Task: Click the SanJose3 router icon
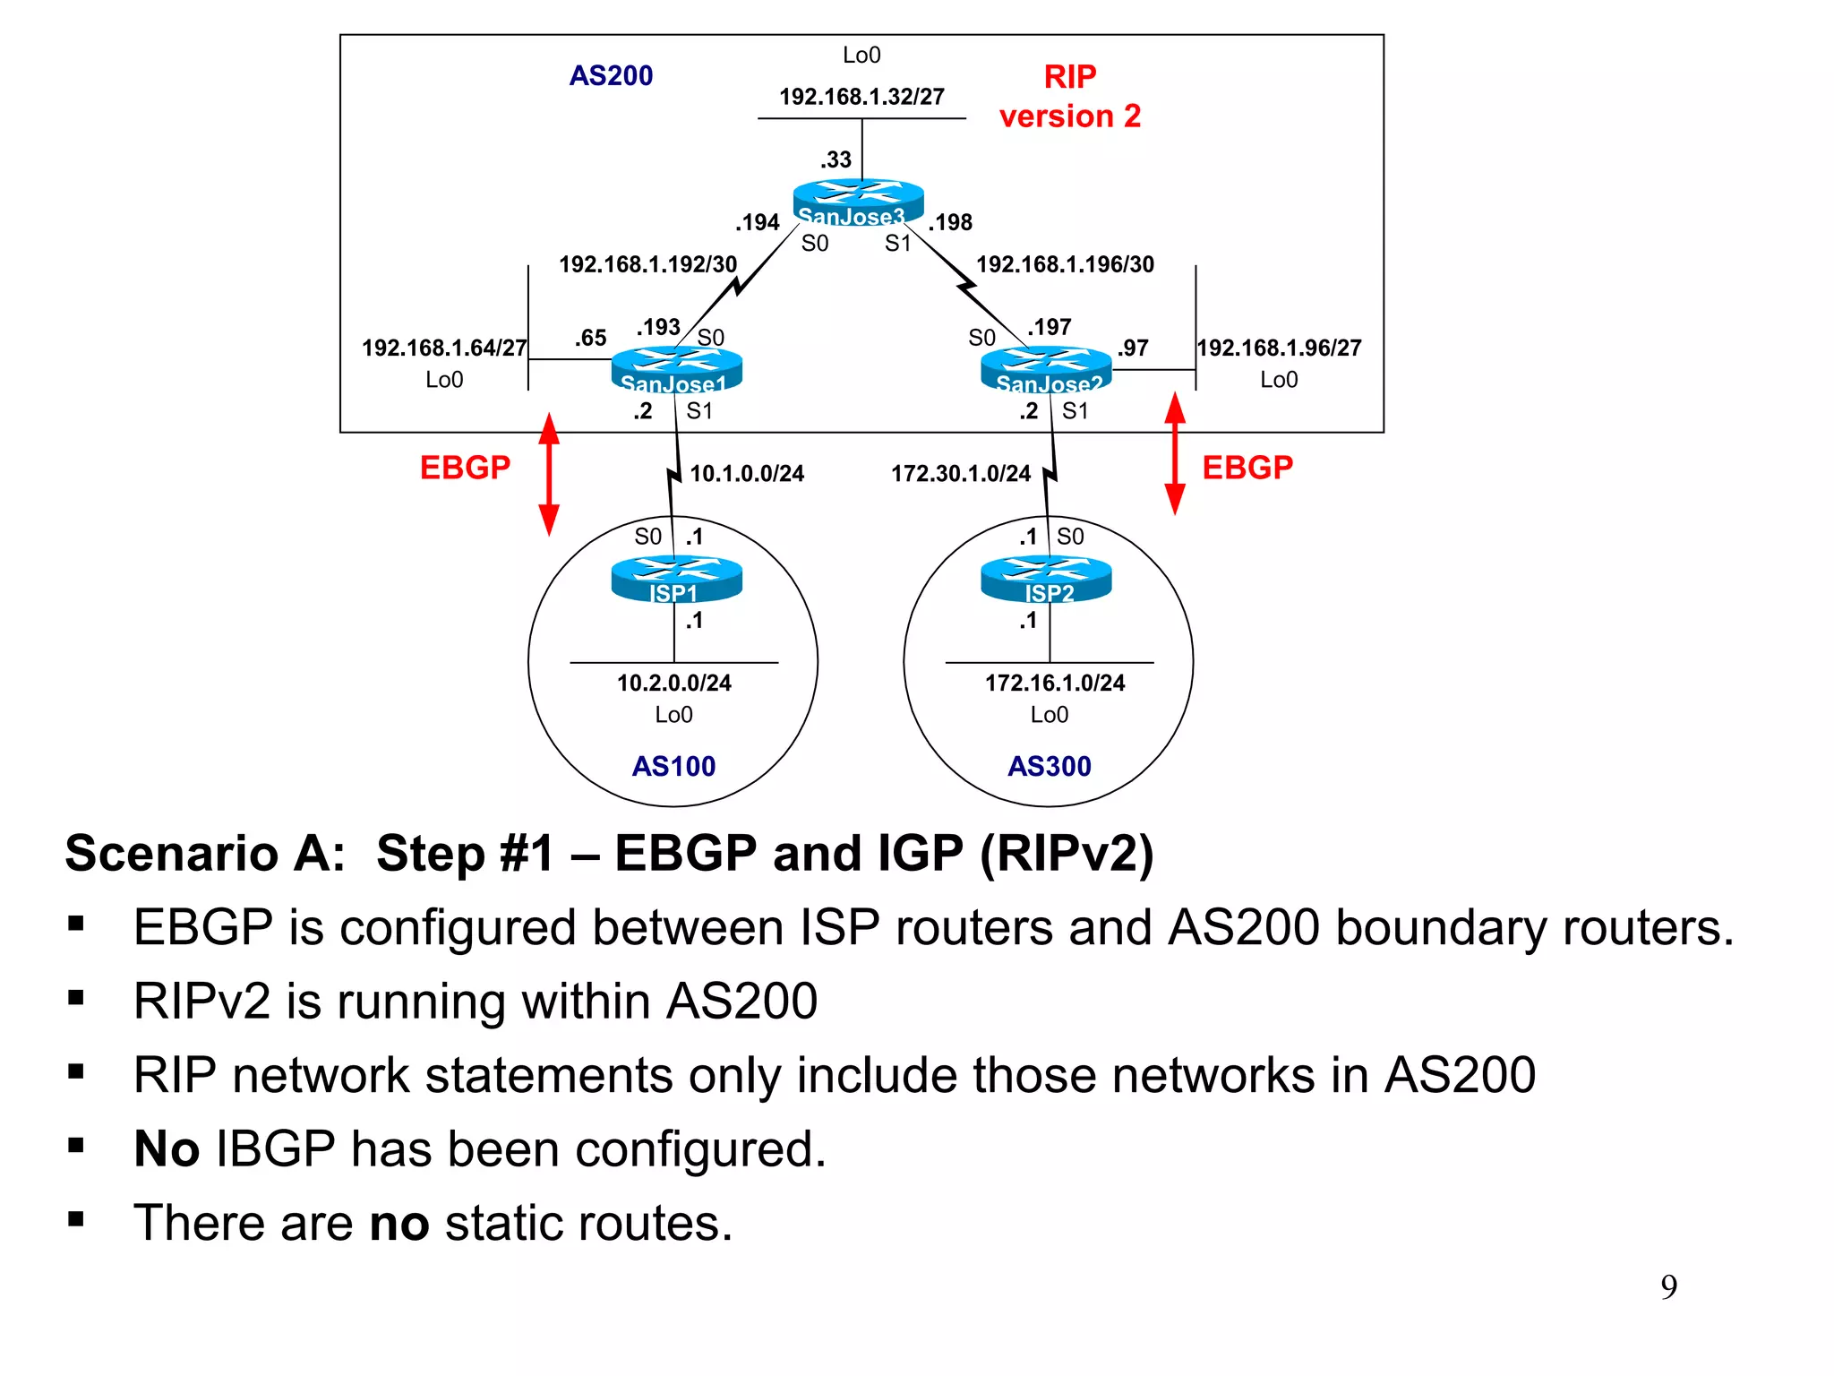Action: point(858,202)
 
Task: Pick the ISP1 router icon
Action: point(676,579)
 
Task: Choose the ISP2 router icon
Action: point(1046,579)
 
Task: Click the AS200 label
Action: point(611,75)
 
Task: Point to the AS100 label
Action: point(673,766)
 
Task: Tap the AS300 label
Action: point(1049,766)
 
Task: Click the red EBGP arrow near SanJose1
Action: point(549,474)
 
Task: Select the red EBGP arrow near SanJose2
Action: point(1175,453)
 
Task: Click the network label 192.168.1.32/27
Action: point(861,97)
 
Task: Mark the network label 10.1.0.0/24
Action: point(747,473)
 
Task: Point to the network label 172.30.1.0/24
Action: point(960,473)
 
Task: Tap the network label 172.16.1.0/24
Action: point(1054,683)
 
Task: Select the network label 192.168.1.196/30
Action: point(1065,264)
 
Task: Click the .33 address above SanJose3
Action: point(836,159)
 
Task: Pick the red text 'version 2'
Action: point(1069,116)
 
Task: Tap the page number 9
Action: point(1668,1287)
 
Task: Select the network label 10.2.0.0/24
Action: point(673,683)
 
